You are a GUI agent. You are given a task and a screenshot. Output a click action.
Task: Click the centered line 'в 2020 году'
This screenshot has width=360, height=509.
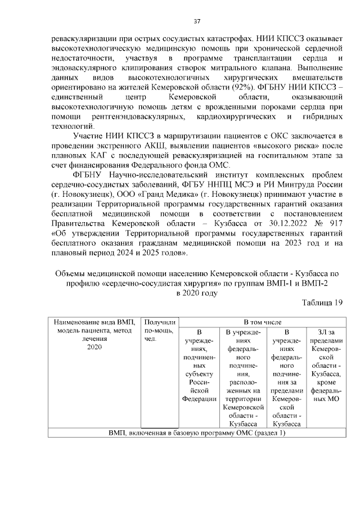[x=196, y=293]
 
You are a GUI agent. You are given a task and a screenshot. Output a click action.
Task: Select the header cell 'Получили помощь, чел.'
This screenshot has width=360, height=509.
[x=160, y=331]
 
